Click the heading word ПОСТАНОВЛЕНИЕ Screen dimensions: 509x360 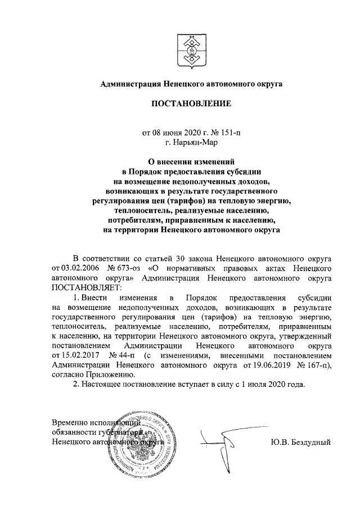pos(191,104)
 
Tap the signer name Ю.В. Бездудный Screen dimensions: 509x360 pos(301,442)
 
